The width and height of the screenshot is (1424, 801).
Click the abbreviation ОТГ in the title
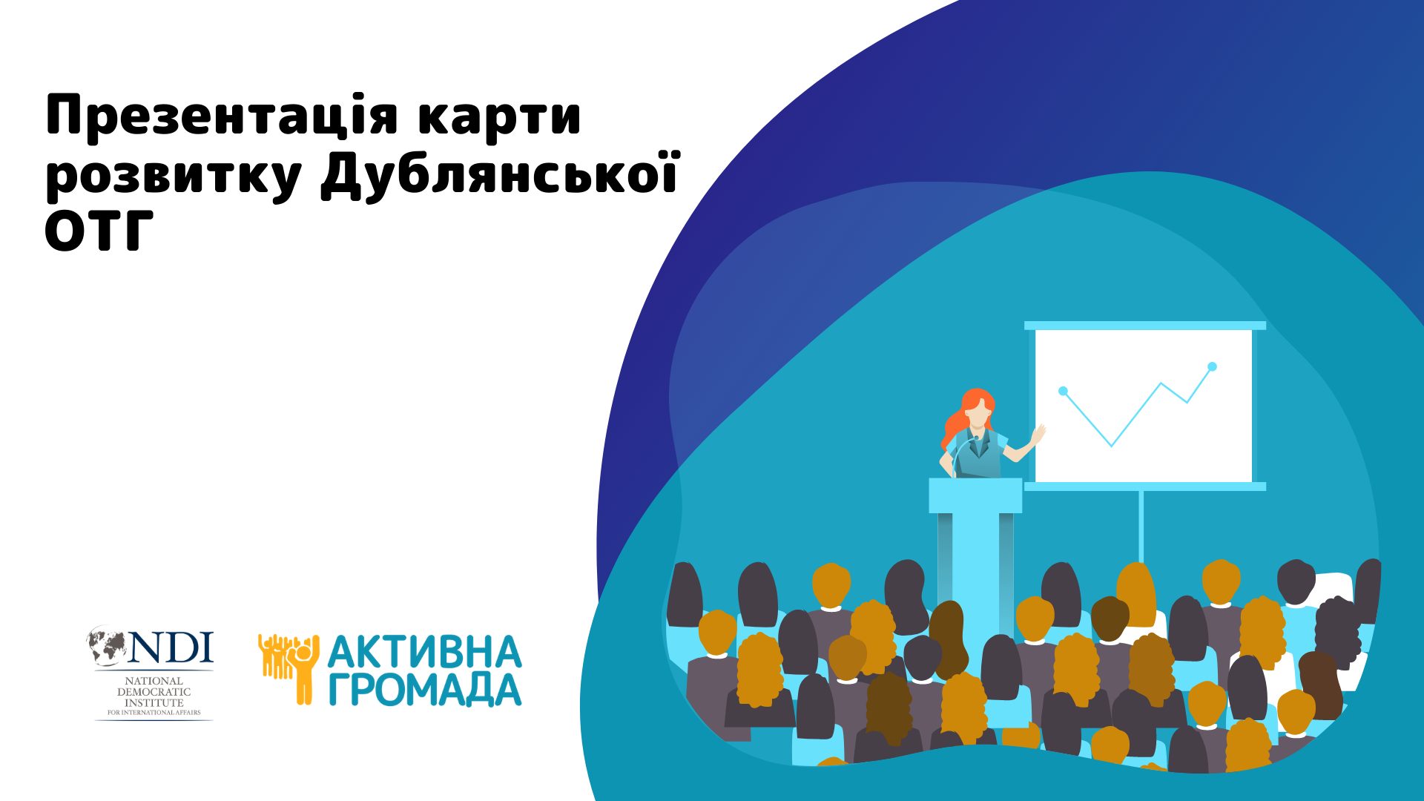[99, 231]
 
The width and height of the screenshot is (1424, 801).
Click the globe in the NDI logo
[108, 645]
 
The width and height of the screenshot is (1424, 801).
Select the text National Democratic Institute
[154, 692]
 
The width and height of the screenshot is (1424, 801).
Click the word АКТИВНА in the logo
[424, 652]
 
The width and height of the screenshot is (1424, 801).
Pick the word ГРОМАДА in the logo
[424, 689]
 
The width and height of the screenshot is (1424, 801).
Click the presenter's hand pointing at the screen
[1038, 434]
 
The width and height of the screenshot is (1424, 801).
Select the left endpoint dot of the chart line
[1063, 391]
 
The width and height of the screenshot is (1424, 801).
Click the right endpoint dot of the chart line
[1212, 366]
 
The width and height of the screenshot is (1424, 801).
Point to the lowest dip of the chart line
[1111, 446]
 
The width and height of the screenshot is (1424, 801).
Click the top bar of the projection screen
[1144, 326]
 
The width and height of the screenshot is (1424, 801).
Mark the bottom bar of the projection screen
[1144, 487]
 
